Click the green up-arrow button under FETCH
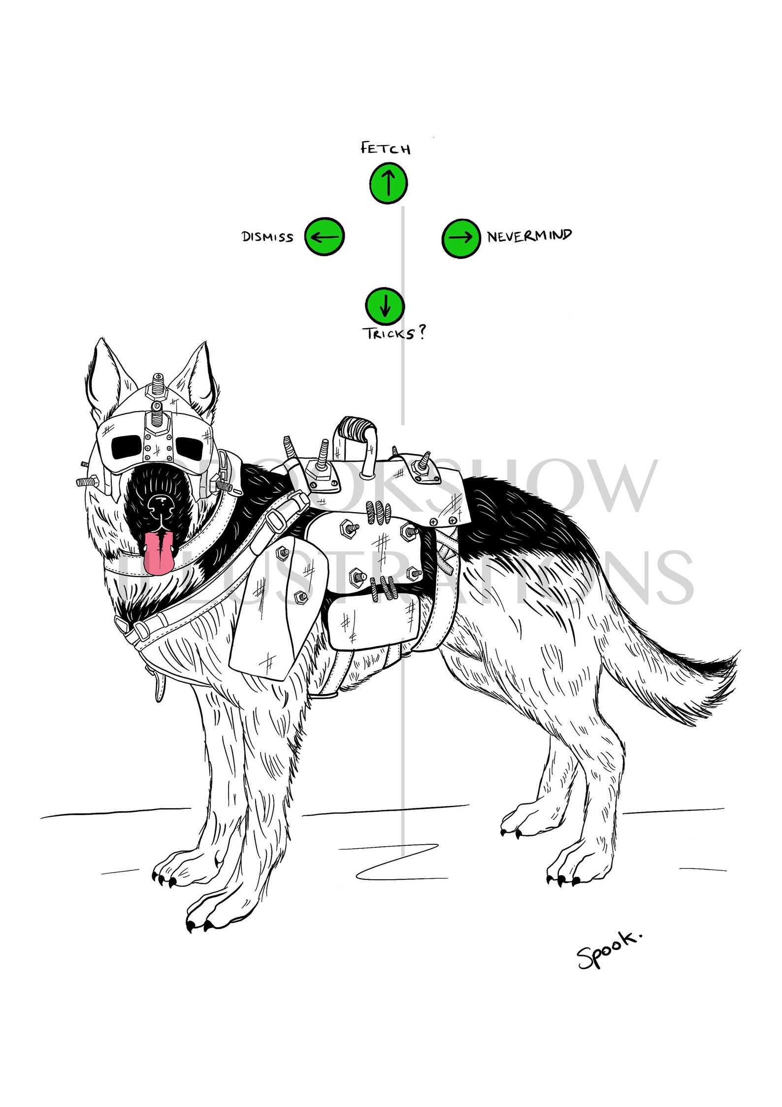click(388, 183)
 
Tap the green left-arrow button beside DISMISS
click(325, 237)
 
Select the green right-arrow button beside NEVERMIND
click(460, 238)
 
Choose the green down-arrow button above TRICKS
click(385, 305)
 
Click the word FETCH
click(386, 148)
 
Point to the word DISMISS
click(267, 237)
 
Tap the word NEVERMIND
click(529, 236)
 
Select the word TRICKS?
click(394, 334)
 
